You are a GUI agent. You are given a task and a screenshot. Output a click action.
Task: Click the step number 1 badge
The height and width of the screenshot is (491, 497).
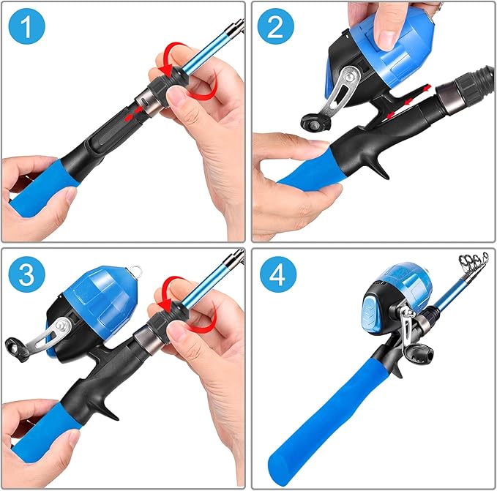tap(28, 28)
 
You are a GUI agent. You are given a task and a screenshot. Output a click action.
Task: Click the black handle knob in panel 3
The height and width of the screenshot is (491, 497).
tap(15, 343)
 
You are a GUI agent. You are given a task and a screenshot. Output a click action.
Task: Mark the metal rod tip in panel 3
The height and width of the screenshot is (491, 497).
tap(236, 255)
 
